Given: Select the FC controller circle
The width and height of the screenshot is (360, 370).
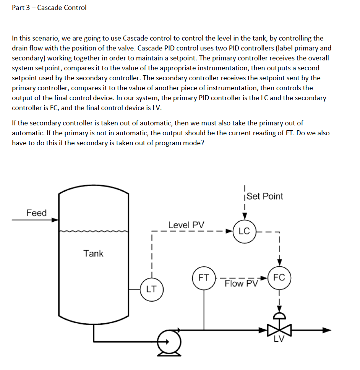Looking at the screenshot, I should coord(279,277).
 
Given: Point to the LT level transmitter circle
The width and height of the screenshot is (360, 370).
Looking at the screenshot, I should coord(151,289).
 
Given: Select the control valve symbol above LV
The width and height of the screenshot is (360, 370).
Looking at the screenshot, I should coord(280,329).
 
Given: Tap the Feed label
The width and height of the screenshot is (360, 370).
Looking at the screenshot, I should coord(36,213).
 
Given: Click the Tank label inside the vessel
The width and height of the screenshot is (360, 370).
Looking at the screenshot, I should coord(93,253).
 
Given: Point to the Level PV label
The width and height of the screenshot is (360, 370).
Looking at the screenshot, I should coord(186,225).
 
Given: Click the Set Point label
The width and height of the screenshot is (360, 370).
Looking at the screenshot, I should coord(265,196).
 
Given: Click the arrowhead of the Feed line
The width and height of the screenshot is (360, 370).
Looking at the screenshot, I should coord(55,220).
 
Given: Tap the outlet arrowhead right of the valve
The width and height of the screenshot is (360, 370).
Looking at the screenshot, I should coord(326,330).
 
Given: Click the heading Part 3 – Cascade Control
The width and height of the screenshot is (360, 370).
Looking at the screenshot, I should coord(49,8).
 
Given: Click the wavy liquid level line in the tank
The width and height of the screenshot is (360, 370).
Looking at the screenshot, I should coord(93,231).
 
